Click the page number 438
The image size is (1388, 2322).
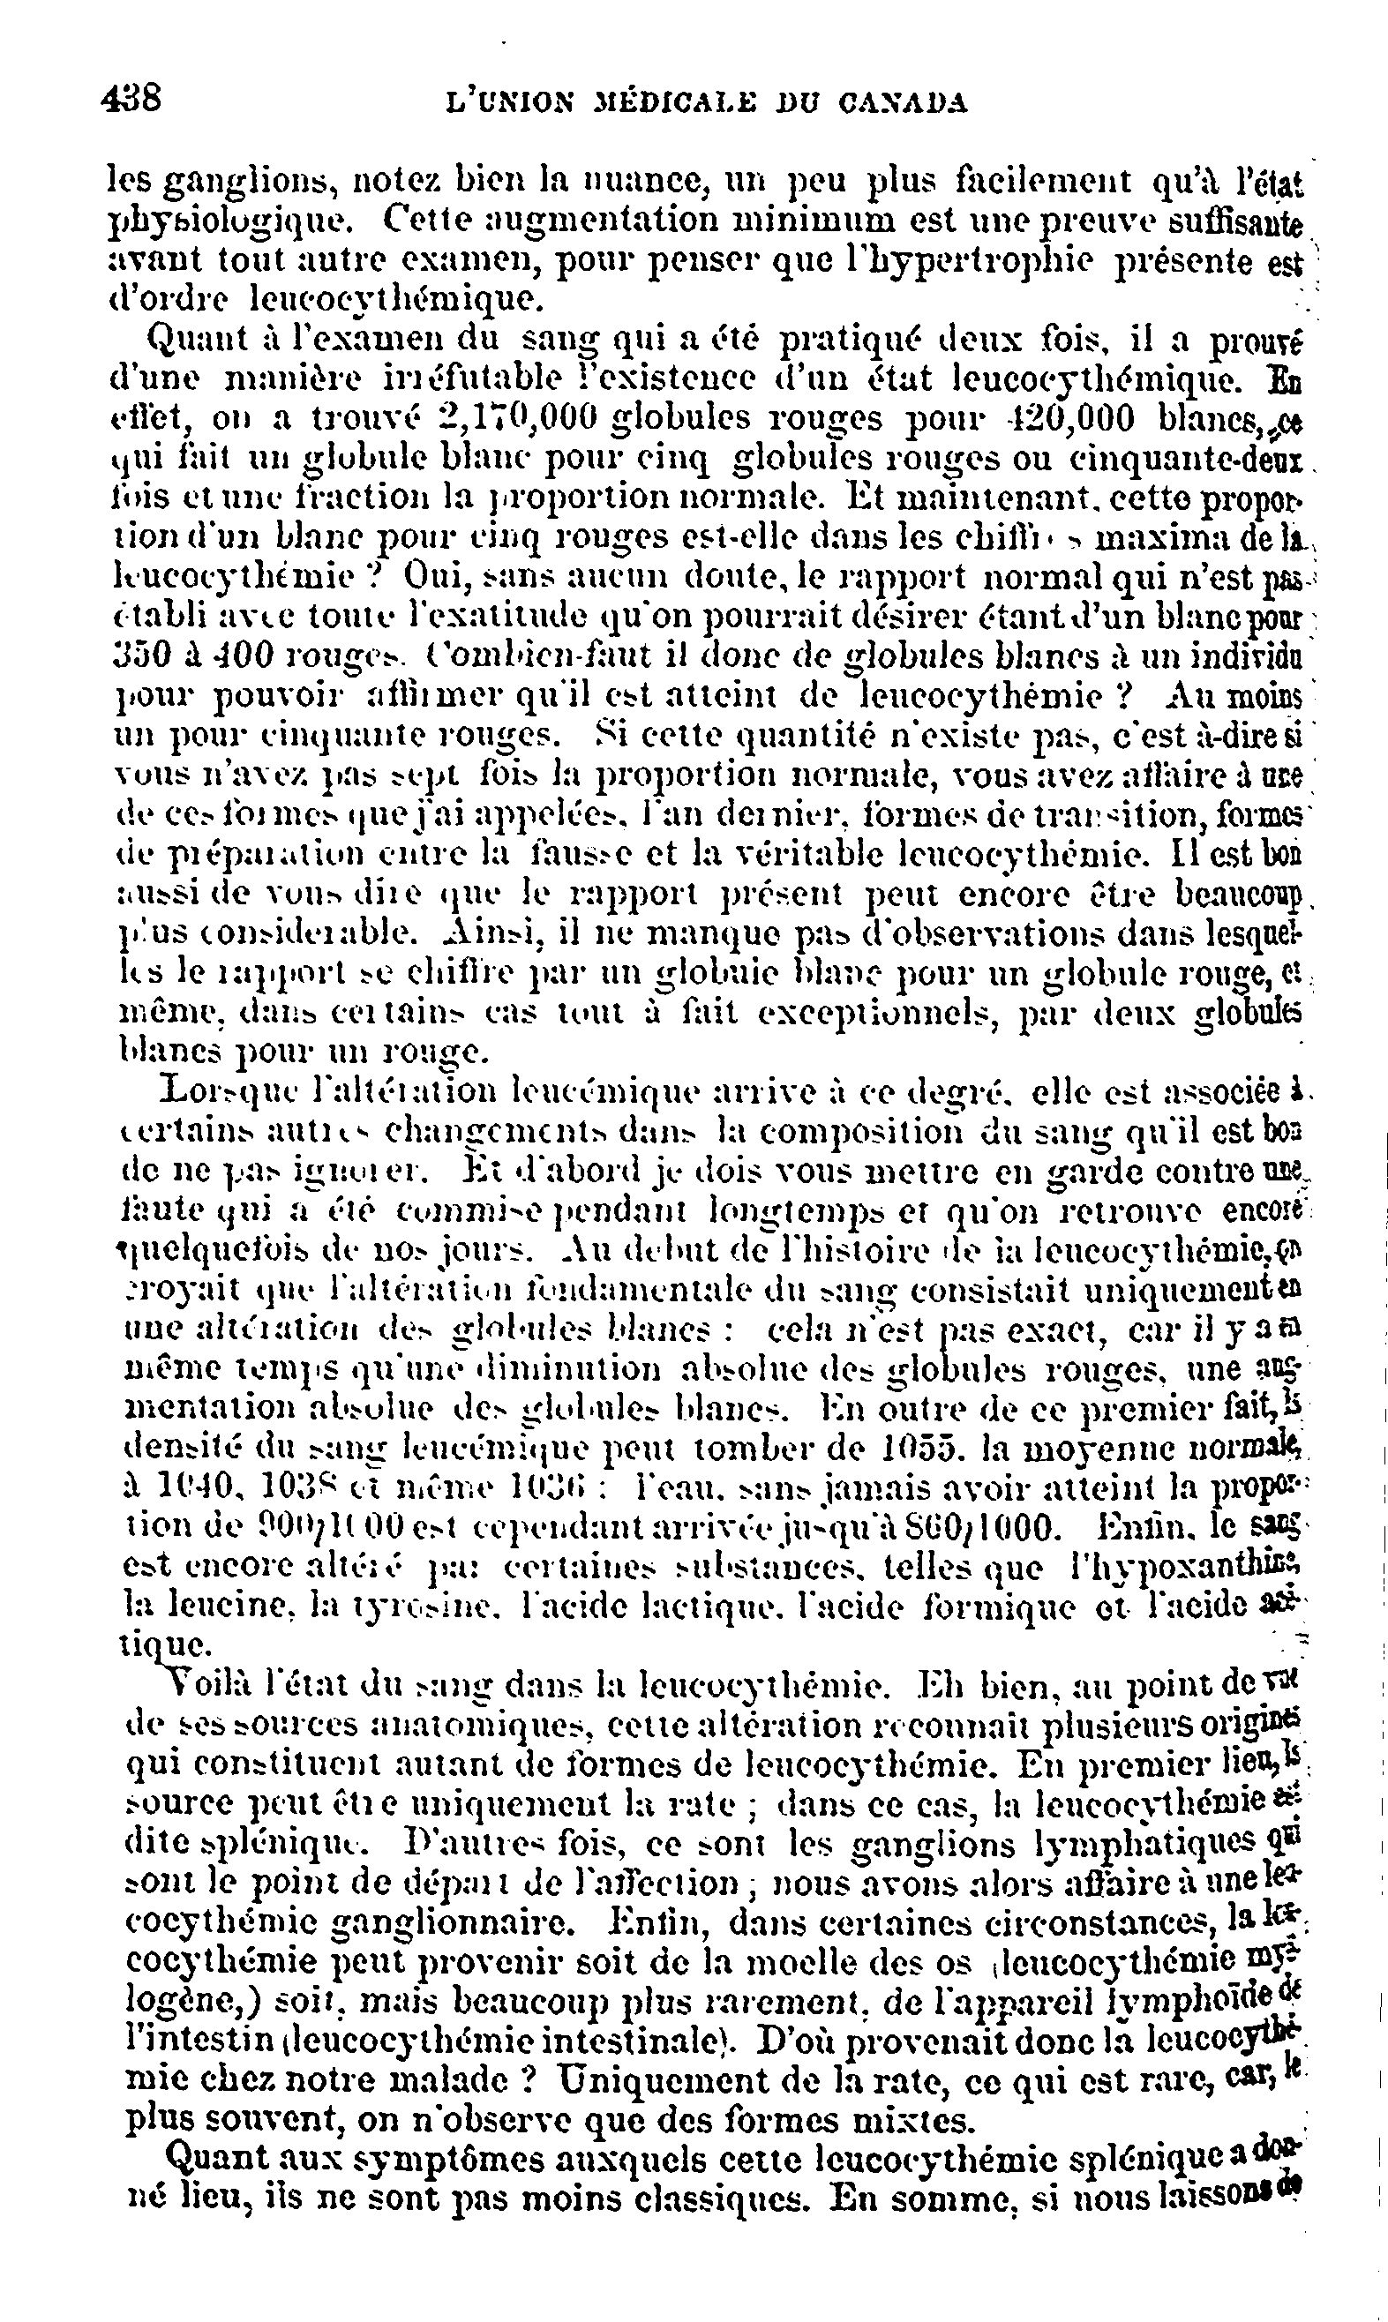point(131,97)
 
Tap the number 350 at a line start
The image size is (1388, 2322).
point(139,655)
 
